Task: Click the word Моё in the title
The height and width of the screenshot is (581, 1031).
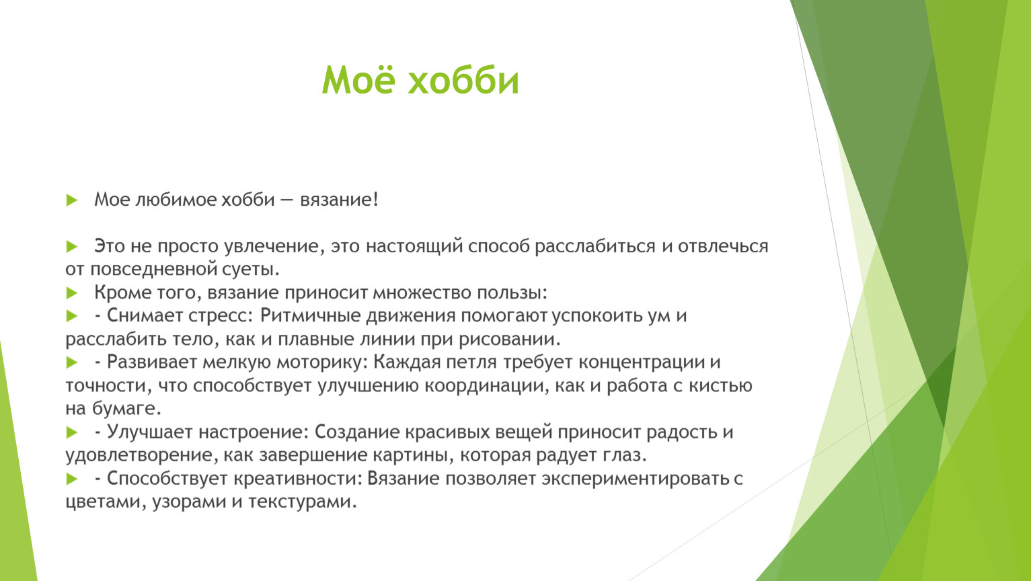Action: (x=358, y=79)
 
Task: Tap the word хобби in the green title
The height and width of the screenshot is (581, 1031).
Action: (x=463, y=81)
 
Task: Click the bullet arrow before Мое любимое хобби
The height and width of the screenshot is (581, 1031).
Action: (x=72, y=200)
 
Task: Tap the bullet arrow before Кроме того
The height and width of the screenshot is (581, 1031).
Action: (x=72, y=293)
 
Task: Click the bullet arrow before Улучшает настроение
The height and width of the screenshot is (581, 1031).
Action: (x=72, y=432)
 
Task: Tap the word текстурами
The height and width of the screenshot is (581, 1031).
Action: (x=303, y=502)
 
